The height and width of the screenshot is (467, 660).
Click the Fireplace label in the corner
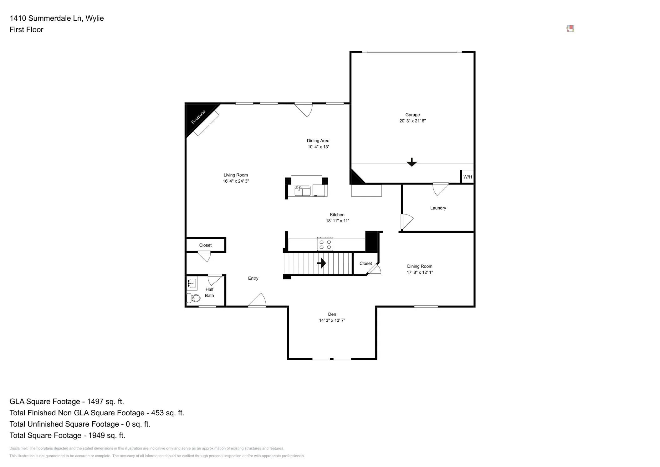[198, 117]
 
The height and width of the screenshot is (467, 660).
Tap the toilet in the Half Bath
[193, 298]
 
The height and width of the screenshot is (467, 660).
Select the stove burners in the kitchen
[325, 244]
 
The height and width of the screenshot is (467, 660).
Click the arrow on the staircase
[321, 263]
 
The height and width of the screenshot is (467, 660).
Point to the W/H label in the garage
[468, 177]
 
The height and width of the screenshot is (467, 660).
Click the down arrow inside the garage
[412, 162]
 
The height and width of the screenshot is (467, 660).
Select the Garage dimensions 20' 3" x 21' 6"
[412, 121]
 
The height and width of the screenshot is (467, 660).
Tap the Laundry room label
[438, 208]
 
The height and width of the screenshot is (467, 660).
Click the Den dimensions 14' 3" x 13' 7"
[332, 320]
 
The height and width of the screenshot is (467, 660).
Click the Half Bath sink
[192, 283]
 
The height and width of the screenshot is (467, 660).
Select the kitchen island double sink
[302, 190]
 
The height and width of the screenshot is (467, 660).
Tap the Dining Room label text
[420, 266]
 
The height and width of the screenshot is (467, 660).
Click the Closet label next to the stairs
[366, 263]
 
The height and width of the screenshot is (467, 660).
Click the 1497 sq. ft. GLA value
[105, 402]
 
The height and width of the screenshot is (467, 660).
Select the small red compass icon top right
[570, 29]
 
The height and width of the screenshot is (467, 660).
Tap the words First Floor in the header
[26, 30]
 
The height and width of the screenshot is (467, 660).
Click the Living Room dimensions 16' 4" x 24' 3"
[236, 181]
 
